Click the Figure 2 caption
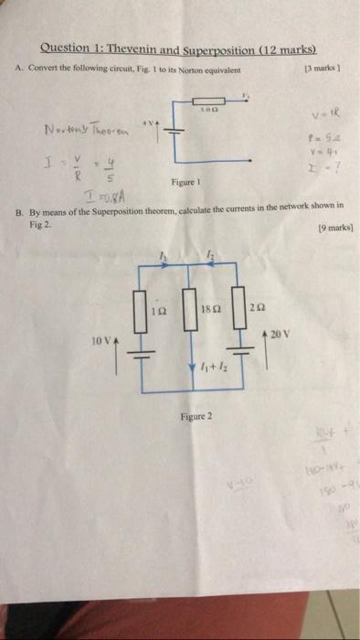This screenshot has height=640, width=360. pos(195,416)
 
